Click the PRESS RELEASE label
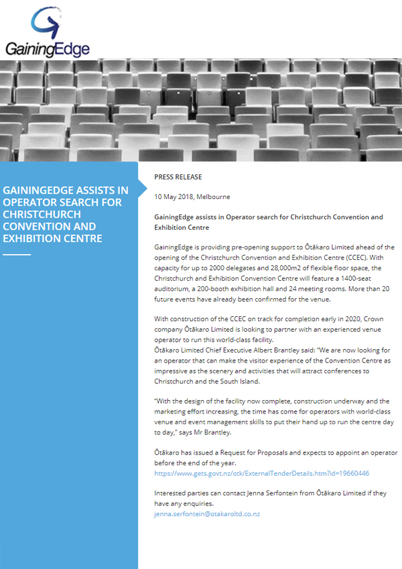[x=178, y=177]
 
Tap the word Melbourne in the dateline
[x=213, y=197]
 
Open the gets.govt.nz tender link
[x=261, y=473]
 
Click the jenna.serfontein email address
[x=207, y=513]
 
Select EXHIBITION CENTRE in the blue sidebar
[x=52, y=239]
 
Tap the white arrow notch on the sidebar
[x=141, y=191]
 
